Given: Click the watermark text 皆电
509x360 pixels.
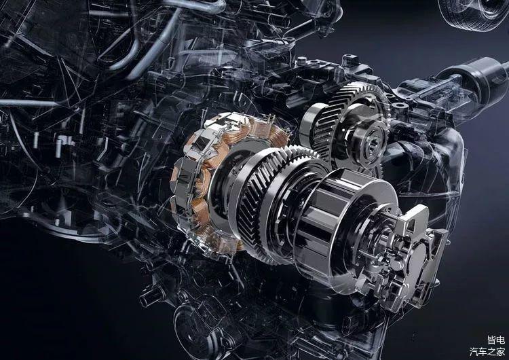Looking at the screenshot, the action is (x=495, y=340).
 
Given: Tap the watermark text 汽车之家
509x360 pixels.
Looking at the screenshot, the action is (x=487, y=352).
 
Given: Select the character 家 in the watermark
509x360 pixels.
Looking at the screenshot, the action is (x=501, y=352).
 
